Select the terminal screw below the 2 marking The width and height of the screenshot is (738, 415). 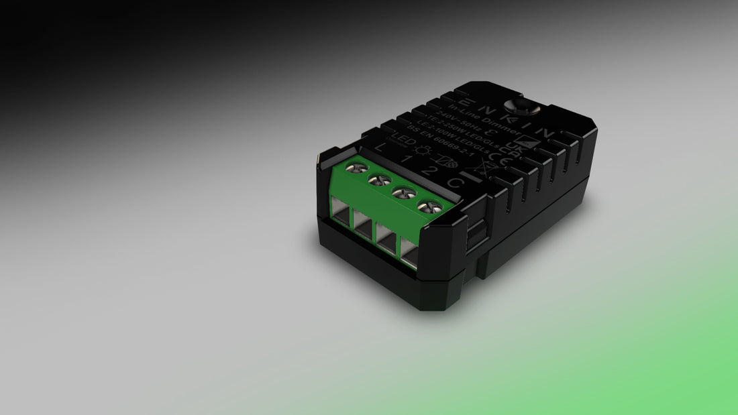[402, 194]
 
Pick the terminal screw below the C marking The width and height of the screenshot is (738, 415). [425, 206]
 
